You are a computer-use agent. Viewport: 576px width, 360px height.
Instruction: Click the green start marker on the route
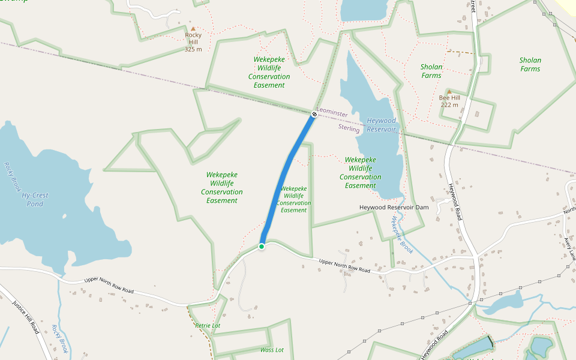[x=262, y=246]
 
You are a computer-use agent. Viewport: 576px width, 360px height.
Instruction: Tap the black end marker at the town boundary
[x=314, y=114]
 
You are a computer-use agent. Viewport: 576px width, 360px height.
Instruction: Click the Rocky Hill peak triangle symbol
[x=193, y=28]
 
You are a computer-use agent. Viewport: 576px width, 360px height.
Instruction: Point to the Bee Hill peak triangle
[x=449, y=92]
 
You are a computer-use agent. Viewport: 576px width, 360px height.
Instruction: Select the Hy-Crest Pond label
[x=35, y=200]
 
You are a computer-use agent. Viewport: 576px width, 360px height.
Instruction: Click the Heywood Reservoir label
[x=381, y=125]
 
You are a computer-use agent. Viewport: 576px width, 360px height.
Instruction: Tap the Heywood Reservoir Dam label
[x=394, y=207]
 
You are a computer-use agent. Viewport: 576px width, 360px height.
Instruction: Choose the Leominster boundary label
[x=332, y=113]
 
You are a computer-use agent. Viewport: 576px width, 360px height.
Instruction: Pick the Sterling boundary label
[x=349, y=128]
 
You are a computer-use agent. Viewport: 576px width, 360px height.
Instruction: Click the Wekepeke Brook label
[x=398, y=234]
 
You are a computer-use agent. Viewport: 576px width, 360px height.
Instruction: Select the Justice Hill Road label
[x=26, y=317]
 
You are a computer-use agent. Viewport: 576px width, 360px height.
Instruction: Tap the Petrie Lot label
[x=208, y=325]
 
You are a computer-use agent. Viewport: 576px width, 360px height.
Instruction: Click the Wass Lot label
[x=272, y=350]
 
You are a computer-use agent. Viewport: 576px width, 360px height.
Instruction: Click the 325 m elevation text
[x=193, y=49]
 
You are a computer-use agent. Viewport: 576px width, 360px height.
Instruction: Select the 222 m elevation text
[x=449, y=105]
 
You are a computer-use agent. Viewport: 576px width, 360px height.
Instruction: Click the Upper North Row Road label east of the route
[x=344, y=266]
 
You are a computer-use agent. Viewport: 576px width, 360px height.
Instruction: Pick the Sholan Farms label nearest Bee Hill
[x=431, y=71]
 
